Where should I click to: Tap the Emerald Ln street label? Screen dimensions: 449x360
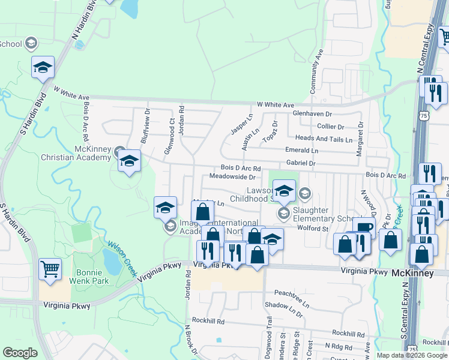301,150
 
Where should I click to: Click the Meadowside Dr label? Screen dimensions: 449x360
232,177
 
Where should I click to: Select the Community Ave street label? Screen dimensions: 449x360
316,71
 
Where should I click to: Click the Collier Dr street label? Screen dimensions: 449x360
330,127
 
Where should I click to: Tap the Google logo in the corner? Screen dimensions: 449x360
20,353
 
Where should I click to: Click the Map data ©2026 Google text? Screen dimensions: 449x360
411,355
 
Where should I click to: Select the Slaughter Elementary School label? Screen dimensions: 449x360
318,214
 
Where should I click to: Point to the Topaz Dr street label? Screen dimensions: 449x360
274,130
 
